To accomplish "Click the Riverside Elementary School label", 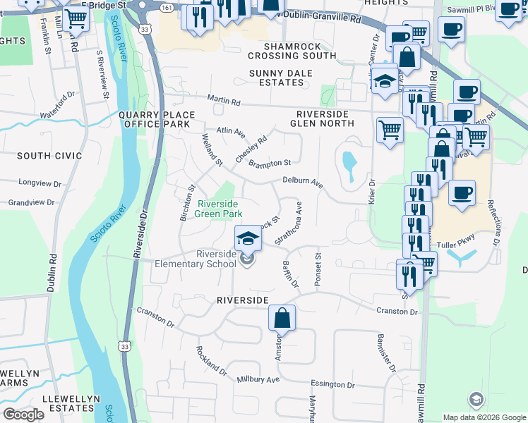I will [196, 259].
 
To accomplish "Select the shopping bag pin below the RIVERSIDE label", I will [282, 319].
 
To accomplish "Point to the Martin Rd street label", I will [224, 102].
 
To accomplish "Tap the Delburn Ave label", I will [303, 183].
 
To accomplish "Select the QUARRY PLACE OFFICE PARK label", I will [154, 119].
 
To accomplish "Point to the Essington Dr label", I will [332, 385].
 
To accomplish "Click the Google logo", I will [23, 415].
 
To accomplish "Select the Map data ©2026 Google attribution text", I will [484, 417].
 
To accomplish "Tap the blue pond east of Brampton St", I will [349, 164].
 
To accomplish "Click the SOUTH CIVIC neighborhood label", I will [49, 156].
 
